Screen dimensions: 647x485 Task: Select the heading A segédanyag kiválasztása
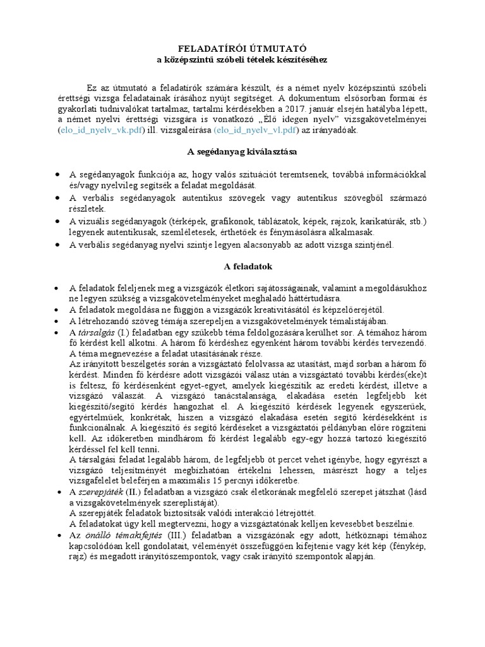(242, 152)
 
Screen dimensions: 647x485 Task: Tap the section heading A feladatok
(242, 266)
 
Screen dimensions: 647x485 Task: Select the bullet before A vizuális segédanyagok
(57, 221)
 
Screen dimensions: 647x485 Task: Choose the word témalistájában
(345, 320)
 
